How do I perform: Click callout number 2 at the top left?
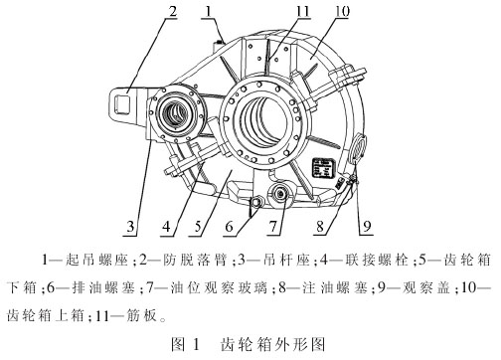pyautogui.click(x=172, y=11)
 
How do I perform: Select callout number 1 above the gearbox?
pyautogui.click(x=208, y=11)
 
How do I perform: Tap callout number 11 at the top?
pyautogui.click(x=302, y=11)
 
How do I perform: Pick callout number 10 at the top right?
pyautogui.click(x=342, y=11)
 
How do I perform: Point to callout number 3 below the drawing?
pyautogui.click(x=131, y=227)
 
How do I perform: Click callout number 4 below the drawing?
pyautogui.click(x=166, y=227)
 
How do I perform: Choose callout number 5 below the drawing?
pyautogui.click(x=198, y=227)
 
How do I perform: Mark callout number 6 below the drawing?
pyautogui.click(x=229, y=227)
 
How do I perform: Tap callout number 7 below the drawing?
pyautogui.click(x=273, y=227)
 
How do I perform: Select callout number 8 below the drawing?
pyautogui.click(x=320, y=227)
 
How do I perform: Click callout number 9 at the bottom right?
pyautogui.click(x=367, y=227)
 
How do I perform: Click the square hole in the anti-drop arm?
pyautogui.click(x=122, y=102)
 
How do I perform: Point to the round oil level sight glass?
pyautogui.click(x=280, y=194)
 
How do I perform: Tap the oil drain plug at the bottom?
pyautogui.click(x=256, y=201)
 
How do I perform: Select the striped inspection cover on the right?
pyautogui.click(x=358, y=147)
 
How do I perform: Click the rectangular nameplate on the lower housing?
pyautogui.click(x=321, y=167)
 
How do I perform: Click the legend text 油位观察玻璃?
pyautogui.click(x=219, y=287)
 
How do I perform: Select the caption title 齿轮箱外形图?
pyautogui.click(x=272, y=344)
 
